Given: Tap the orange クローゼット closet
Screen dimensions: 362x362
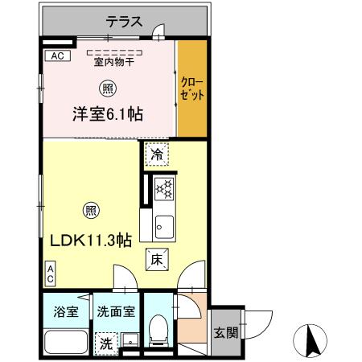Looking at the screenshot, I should pyautogui.click(x=191, y=89).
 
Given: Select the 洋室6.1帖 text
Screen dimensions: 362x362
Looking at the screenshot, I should pyautogui.click(x=108, y=115).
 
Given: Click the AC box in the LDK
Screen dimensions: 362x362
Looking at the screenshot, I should pyautogui.click(x=50, y=274).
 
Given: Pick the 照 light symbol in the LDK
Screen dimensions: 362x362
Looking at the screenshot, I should pyautogui.click(x=90, y=212).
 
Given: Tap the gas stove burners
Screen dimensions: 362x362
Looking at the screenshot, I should pyautogui.click(x=164, y=189).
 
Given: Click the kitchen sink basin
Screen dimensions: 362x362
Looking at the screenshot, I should pyautogui.click(x=164, y=224).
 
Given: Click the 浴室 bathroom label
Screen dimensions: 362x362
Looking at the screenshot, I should pyautogui.click(x=65, y=312).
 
